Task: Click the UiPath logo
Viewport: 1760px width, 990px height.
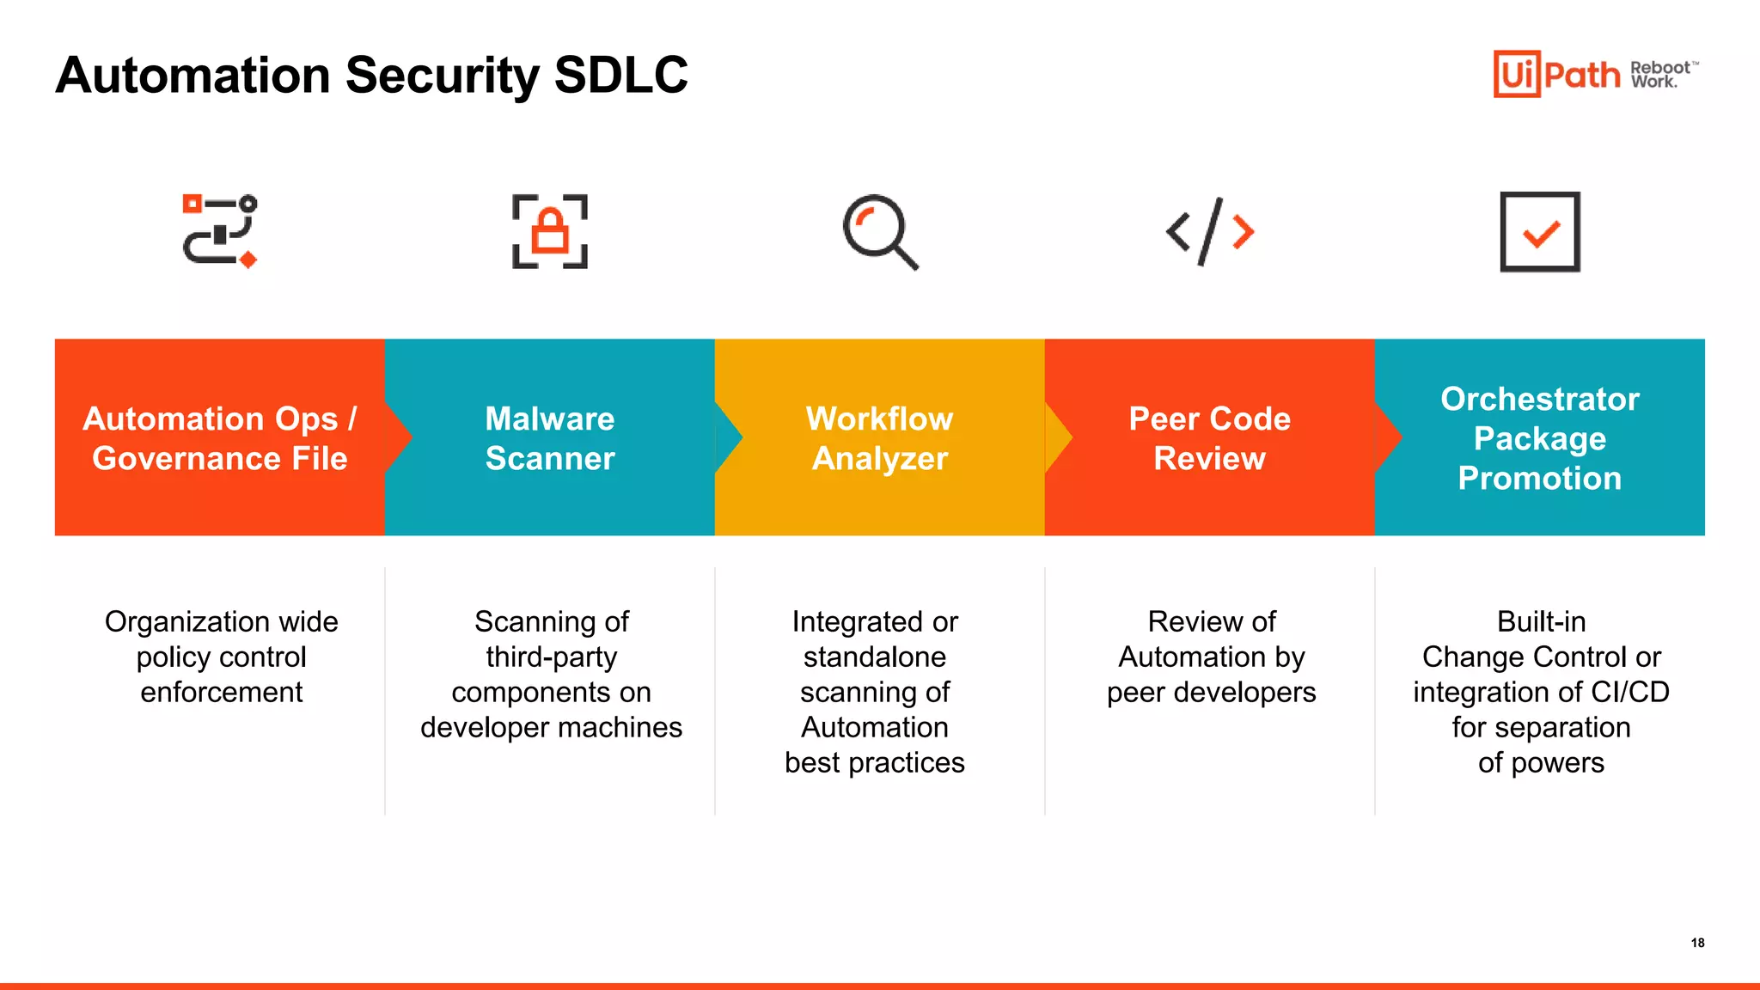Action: [x=1555, y=74]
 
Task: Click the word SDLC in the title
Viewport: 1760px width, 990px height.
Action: [x=620, y=76]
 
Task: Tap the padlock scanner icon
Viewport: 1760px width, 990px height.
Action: [x=550, y=231]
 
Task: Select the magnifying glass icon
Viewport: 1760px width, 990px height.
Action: [x=880, y=232]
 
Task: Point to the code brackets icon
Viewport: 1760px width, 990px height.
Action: [x=1210, y=231]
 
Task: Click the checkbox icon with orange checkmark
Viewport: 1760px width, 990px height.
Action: [x=1540, y=232]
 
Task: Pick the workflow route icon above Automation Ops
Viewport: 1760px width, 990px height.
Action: [x=220, y=231]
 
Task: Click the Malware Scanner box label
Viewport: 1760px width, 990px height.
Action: [x=550, y=438]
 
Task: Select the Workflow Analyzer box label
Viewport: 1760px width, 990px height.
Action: [x=880, y=438]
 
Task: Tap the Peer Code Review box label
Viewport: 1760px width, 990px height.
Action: [x=1210, y=438]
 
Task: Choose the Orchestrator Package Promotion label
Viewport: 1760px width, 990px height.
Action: [x=1540, y=438]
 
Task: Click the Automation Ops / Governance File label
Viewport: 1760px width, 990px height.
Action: [x=220, y=438]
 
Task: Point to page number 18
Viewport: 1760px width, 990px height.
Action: [x=1697, y=943]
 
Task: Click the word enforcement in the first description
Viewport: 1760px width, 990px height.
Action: [x=222, y=693]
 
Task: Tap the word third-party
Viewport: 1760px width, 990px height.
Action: [x=551, y=657]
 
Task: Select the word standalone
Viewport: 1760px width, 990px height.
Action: [x=875, y=657]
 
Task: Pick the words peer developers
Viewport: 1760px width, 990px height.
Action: [x=1211, y=693]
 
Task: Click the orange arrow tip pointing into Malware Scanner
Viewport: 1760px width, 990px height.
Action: [x=401, y=437]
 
